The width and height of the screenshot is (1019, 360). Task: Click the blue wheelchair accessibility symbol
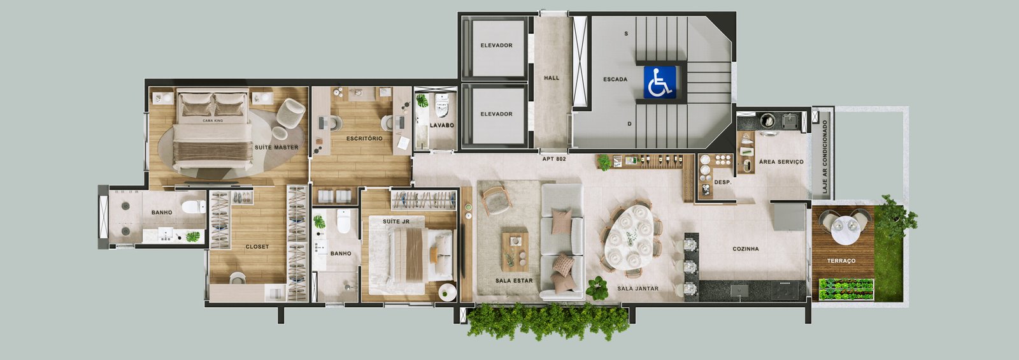click(660, 82)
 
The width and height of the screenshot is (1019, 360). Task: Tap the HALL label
click(552, 78)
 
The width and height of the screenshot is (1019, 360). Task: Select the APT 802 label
click(554, 159)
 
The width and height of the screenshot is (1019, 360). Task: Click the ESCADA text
click(615, 79)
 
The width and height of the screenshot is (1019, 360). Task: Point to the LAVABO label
click(442, 125)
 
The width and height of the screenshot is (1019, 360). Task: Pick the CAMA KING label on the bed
click(213, 120)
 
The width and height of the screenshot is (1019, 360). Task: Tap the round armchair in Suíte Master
click(290, 112)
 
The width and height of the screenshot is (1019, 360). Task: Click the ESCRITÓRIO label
click(364, 138)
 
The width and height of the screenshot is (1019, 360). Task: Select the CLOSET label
click(257, 247)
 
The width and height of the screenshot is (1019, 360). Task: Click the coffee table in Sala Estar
click(515, 252)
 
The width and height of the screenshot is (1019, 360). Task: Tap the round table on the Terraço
click(845, 229)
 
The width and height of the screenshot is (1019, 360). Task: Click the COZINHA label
click(746, 249)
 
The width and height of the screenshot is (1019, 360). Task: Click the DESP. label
click(722, 182)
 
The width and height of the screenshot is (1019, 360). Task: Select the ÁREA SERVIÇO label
click(781, 162)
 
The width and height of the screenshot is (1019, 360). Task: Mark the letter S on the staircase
click(626, 34)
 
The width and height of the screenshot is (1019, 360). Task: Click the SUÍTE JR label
click(395, 222)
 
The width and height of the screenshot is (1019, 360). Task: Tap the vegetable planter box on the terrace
click(846, 289)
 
